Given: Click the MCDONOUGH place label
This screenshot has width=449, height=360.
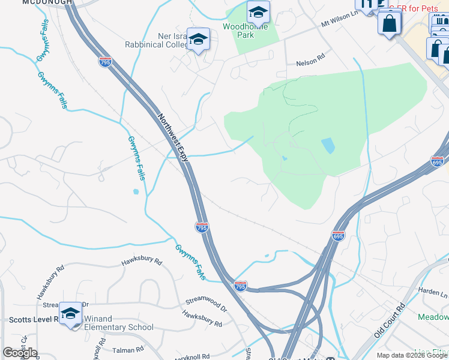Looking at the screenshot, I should pyautogui.click(x=47, y=2).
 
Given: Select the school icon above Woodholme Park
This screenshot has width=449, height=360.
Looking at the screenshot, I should pyautogui.click(x=258, y=12).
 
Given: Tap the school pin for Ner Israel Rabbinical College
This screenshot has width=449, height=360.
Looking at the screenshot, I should pyautogui.click(x=198, y=40).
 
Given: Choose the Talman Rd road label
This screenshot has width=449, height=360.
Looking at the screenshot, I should pyautogui.click(x=127, y=349).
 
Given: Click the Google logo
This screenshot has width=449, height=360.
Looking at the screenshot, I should pyautogui.click(x=20, y=352).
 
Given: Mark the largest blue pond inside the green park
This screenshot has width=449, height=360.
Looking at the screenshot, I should pyautogui.click(x=328, y=145).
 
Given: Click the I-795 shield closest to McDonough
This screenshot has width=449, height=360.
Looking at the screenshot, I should pyautogui.click(x=106, y=61).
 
